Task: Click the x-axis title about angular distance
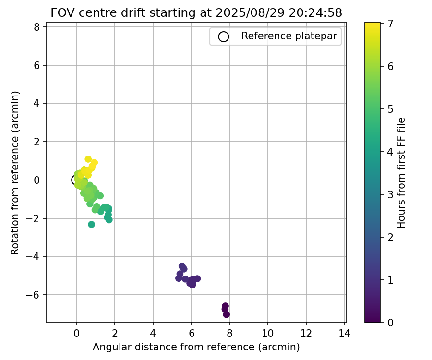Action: pos(196,347)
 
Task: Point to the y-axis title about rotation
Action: pos(15,173)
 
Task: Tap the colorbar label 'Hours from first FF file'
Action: pos(402,173)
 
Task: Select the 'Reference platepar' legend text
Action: pos(289,36)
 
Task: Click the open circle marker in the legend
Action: pos(223,36)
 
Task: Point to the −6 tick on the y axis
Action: pos(37,295)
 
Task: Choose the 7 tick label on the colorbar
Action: pos(391,23)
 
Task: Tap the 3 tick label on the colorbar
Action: pos(391,194)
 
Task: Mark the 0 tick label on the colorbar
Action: pos(391,322)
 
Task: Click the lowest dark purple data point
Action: pos(226,314)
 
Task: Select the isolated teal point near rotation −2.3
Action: pos(91,224)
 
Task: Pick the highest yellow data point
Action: pos(88,159)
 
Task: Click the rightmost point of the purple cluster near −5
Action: pos(197,278)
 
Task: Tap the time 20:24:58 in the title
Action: pos(315,13)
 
